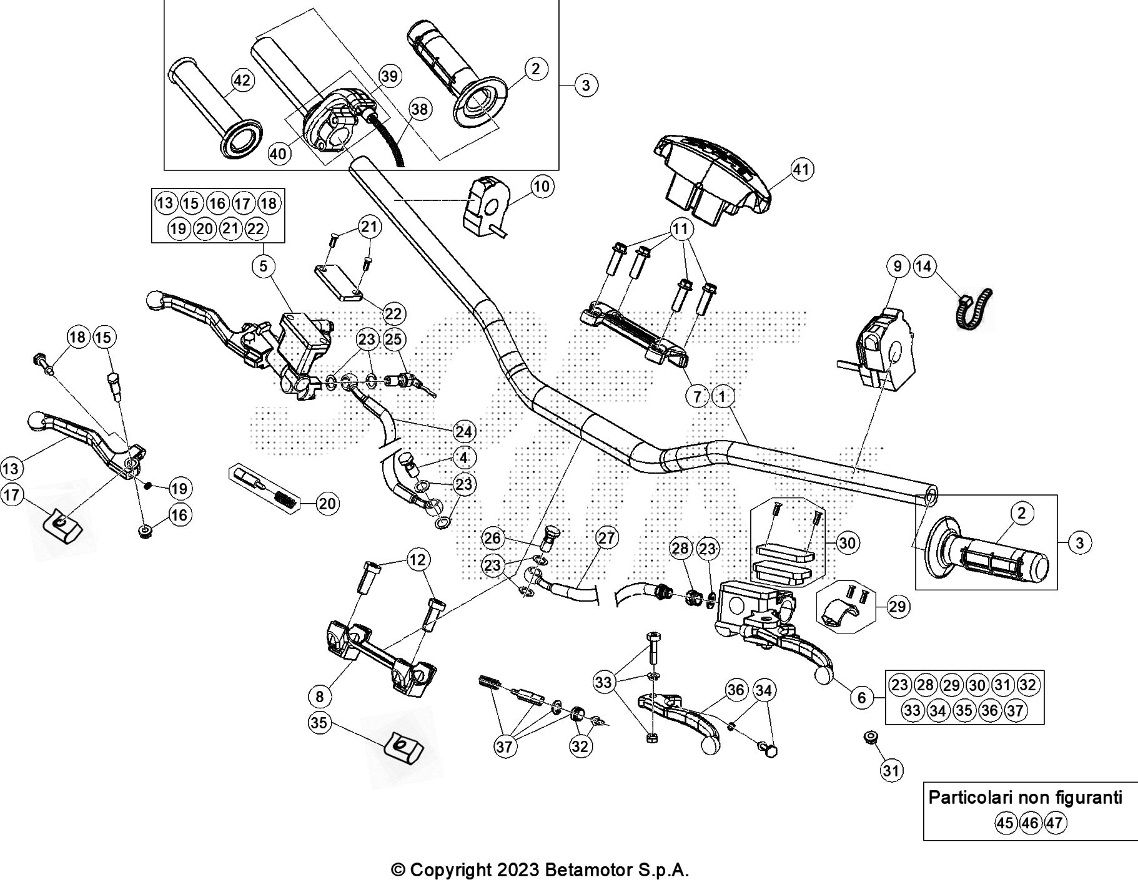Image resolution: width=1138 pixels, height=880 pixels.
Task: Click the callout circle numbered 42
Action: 242,81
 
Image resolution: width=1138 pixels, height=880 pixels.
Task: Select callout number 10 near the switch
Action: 542,186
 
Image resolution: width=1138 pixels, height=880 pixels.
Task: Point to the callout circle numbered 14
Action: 923,266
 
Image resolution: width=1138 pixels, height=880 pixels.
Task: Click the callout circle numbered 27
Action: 606,537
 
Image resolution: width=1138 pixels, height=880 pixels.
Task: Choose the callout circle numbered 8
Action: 320,695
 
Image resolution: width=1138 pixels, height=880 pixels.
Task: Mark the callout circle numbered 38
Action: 420,110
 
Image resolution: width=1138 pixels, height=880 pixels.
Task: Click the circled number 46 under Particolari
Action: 1029,823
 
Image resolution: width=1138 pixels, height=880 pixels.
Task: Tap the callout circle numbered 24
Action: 463,431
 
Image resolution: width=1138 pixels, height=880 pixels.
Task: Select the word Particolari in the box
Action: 971,797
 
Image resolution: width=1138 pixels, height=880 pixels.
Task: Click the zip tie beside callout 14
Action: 973,309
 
